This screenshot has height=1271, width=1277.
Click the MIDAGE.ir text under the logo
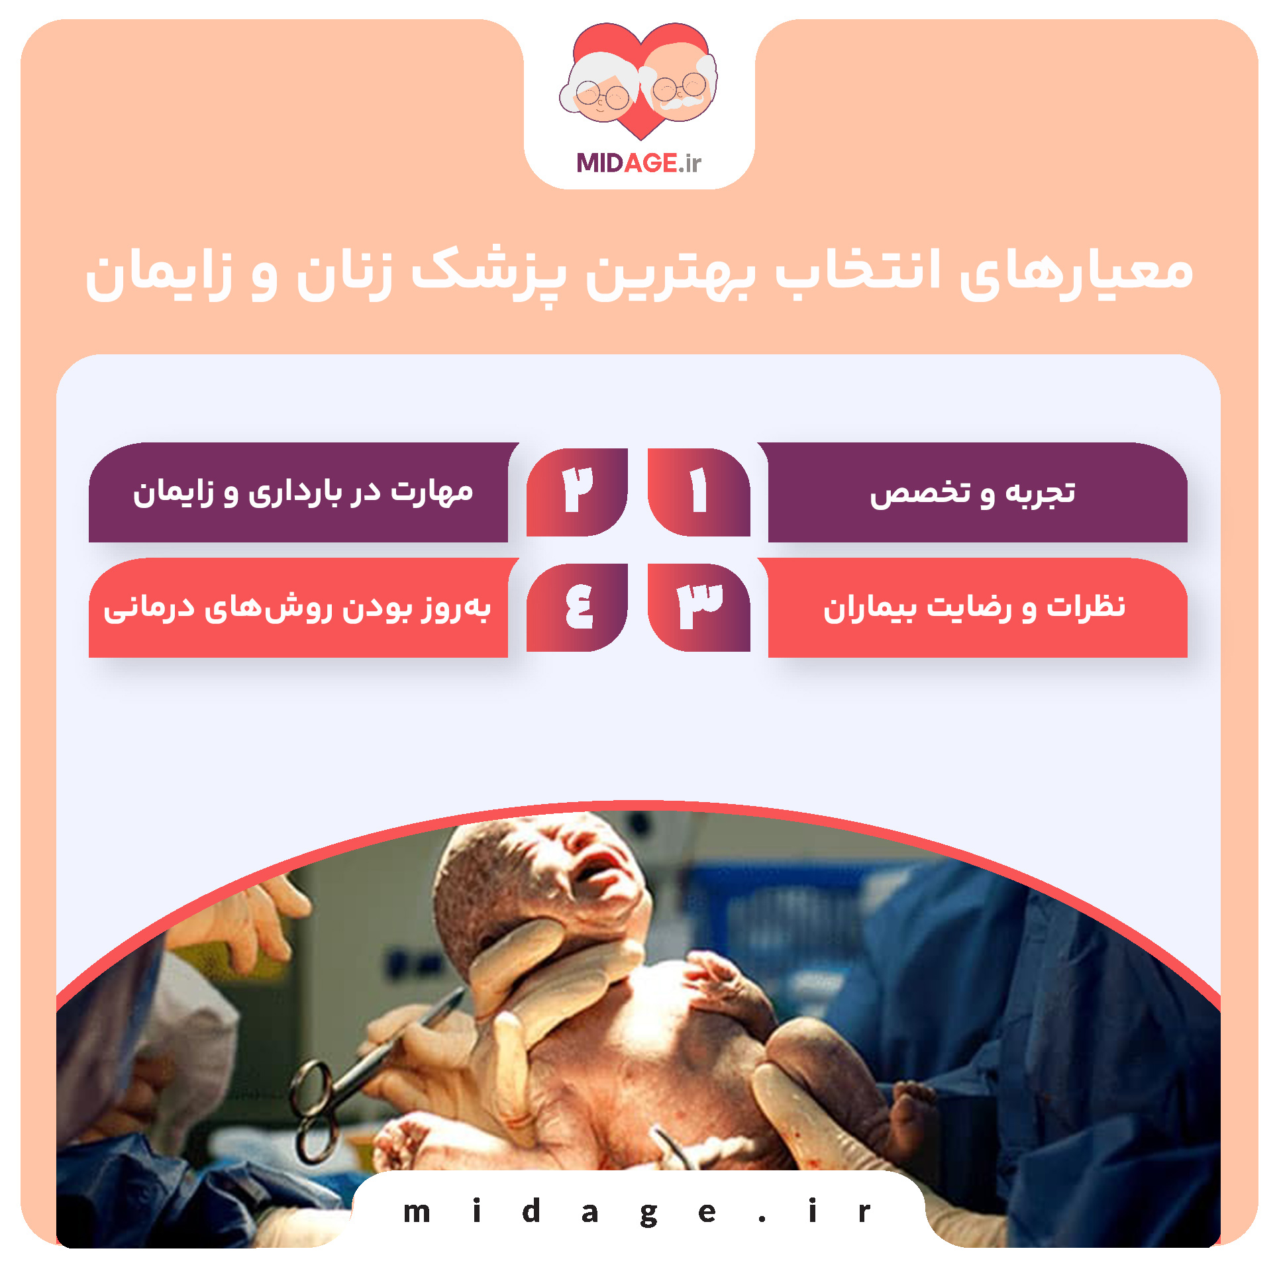click(638, 163)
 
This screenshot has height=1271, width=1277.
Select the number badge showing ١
click(698, 492)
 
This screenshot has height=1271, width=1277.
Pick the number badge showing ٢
click(577, 492)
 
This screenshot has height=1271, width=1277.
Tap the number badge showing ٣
click(698, 607)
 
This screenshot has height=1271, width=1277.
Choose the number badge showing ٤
click(577, 607)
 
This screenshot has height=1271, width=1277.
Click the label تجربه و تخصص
click(972, 493)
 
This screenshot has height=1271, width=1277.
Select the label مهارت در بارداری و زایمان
click(303, 493)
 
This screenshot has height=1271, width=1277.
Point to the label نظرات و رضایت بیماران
click(974, 608)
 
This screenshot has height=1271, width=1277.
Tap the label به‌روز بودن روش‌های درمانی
click(297, 608)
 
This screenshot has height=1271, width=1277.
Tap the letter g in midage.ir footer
click(648, 1213)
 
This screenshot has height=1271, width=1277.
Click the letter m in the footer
click(417, 1213)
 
